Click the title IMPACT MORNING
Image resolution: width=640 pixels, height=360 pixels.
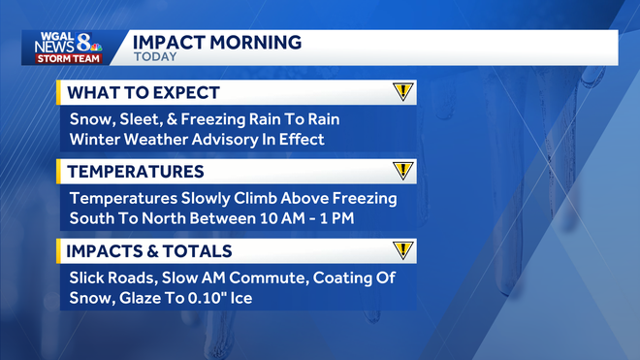click(216, 42)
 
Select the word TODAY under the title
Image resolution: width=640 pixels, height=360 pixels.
click(154, 57)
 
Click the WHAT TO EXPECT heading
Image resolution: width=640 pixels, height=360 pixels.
click(143, 93)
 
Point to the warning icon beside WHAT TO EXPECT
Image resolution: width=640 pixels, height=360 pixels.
click(402, 92)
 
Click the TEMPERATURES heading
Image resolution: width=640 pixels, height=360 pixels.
click(135, 172)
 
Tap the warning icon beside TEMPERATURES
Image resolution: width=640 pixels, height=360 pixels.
click(402, 171)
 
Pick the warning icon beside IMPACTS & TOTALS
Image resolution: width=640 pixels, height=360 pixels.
click(402, 249)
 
